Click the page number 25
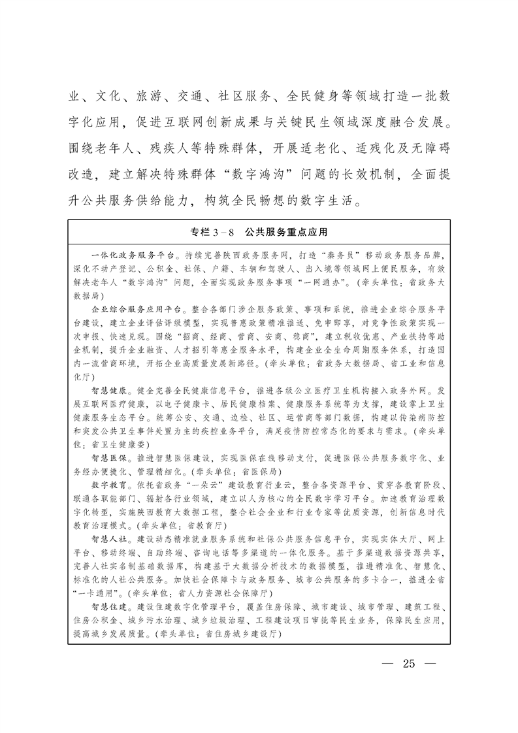409,664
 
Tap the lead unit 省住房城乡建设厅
241,634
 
